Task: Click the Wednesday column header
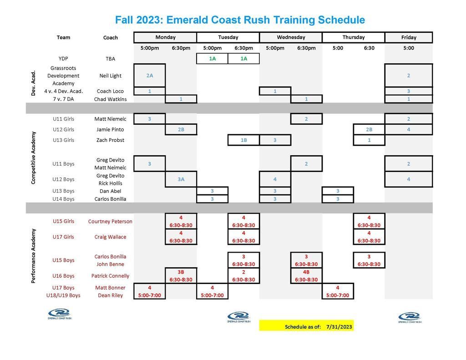291,37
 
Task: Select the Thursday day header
353,37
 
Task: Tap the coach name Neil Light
110,76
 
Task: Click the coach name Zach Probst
110,140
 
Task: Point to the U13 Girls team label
63,140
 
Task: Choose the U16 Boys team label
63,276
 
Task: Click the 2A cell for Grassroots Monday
150,76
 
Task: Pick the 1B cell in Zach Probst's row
243,140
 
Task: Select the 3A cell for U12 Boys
181,179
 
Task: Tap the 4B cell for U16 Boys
306,272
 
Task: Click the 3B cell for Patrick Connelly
181,272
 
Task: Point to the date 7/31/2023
339,326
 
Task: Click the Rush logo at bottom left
59,314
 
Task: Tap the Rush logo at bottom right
410,317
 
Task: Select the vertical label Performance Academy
33,256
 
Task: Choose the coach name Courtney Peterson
110,222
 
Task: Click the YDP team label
63,58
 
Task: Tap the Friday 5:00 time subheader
409,48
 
